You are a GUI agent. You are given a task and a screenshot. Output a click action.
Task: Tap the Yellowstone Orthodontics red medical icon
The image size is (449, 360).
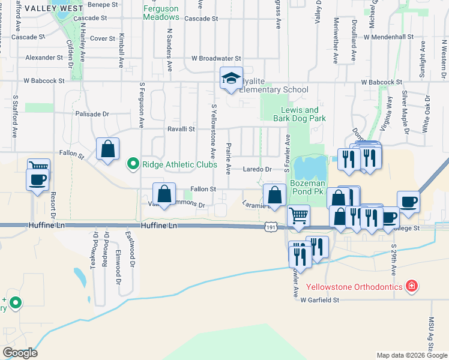point(411,284)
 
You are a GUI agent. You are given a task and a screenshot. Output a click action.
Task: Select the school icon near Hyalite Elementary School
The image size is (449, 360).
point(231,79)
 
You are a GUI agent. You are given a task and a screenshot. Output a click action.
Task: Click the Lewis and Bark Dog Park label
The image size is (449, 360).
point(303,114)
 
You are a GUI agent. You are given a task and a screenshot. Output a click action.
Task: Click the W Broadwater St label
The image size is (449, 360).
point(215,59)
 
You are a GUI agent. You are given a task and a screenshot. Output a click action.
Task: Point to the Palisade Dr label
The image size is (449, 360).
point(92,113)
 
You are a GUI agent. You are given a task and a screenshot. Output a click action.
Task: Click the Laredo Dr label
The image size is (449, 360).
point(258,170)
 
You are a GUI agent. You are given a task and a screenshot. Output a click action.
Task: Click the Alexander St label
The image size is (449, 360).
point(44,58)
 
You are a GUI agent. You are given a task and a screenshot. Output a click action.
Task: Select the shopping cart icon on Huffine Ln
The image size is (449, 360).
point(298,215)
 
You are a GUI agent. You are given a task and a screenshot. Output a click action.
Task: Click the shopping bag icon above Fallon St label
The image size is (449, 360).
point(164,193)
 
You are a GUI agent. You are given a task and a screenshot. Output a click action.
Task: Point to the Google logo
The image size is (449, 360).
point(20,353)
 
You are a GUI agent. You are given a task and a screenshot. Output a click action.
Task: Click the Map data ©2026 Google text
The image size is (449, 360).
point(411,355)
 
